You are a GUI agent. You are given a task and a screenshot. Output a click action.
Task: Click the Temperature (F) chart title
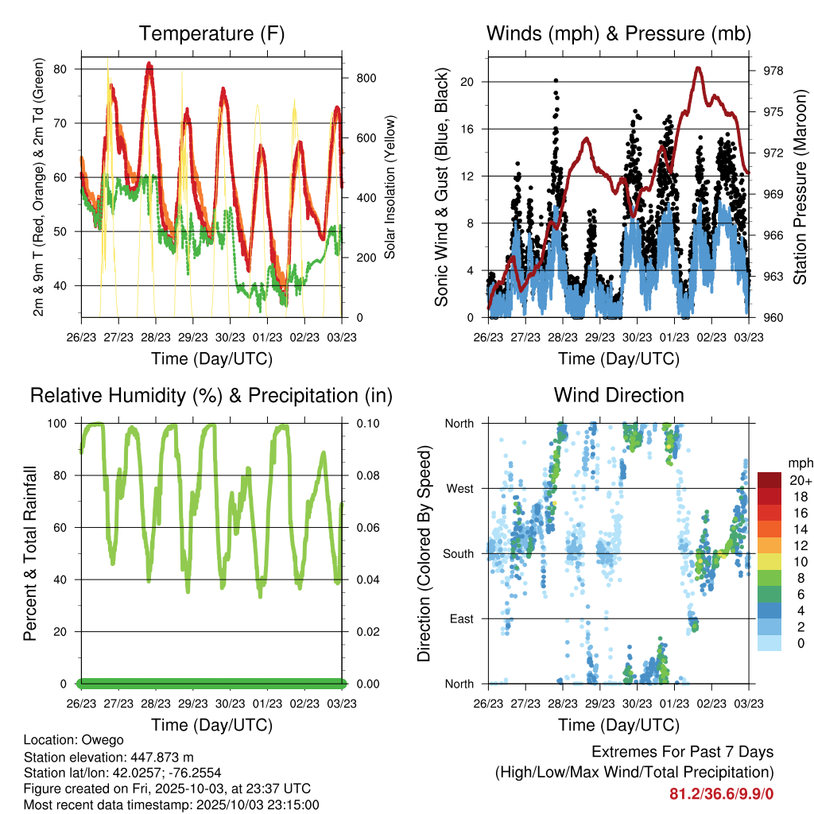(x=211, y=34)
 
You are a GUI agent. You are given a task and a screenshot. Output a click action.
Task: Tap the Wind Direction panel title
(x=618, y=395)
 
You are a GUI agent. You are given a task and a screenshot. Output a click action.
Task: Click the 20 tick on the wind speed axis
(x=467, y=82)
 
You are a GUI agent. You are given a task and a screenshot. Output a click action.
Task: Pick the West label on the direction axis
(x=459, y=488)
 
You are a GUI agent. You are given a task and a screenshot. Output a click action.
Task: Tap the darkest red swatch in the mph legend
(x=769, y=480)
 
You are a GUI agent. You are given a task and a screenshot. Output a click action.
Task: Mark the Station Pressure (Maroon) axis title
(x=800, y=188)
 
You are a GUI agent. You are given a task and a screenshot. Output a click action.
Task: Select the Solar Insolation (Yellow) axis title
(x=390, y=188)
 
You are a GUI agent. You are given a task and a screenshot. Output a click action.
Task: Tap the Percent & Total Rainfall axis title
(x=31, y=553)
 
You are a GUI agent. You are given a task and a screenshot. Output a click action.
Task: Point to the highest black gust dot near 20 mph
(x=556, y=80)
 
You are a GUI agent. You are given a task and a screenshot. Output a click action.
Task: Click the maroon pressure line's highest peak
(x=699, y=68)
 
